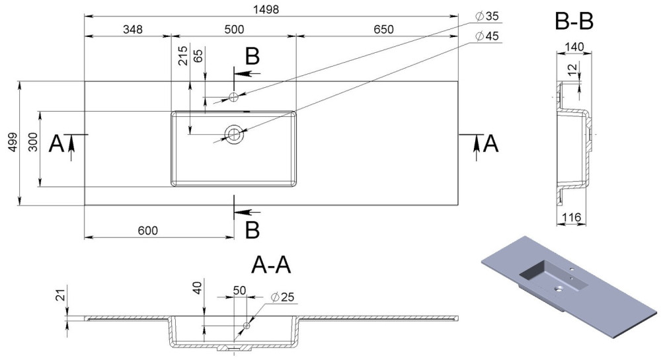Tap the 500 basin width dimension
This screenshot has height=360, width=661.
234,29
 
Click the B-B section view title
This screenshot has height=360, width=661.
574,21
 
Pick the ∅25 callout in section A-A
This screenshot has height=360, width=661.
282,297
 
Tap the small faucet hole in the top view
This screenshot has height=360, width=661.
233,97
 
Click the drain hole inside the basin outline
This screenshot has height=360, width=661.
234,134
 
